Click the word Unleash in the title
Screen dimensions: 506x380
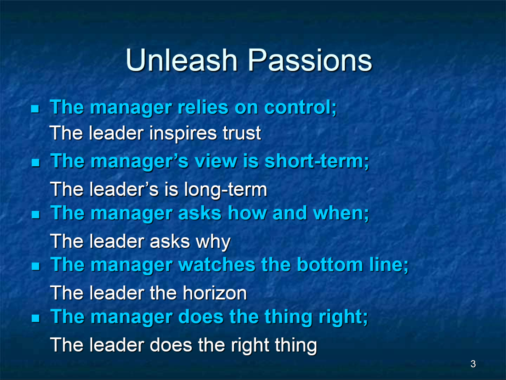click(182, 60)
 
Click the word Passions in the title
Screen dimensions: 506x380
click(310, 60)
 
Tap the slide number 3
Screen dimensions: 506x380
click(473, 364)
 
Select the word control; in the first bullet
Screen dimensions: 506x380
click(301, 107)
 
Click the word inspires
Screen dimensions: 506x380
click(183, 133)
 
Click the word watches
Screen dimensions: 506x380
click(217, 265)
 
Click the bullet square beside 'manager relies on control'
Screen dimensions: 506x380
click(35, 109)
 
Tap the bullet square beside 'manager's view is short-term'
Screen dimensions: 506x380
click(36, 163)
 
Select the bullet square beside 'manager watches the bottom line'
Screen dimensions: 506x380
click(36, 266)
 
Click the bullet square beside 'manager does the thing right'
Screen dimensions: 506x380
click(36, 318)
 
